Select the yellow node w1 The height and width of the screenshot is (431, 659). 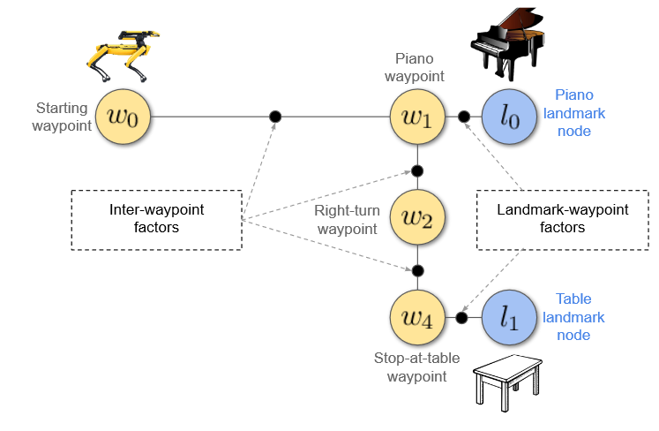click(x=417, y=116)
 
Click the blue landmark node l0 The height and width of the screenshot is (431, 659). click(x=509, y=116)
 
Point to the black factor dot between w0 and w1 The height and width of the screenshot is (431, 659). click(x=275, y=116)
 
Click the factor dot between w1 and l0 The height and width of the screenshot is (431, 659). click(x=463, y=116)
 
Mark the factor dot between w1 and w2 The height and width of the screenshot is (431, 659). click(x=417, y=170)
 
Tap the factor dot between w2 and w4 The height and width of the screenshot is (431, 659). click(x=417, y=270)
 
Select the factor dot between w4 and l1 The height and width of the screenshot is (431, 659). click(x=461, y=317)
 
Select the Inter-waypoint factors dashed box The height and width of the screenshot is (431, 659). click(x=156, y=218)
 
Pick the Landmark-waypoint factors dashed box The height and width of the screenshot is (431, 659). click(x=563, y=218)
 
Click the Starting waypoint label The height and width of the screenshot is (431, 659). click(x=61, y=117)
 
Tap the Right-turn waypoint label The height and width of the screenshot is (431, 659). click(x=346, y=219)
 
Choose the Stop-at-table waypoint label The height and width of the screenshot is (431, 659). click(x=409, y=367)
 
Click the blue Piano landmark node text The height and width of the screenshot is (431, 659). click(x=580, y=112)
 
